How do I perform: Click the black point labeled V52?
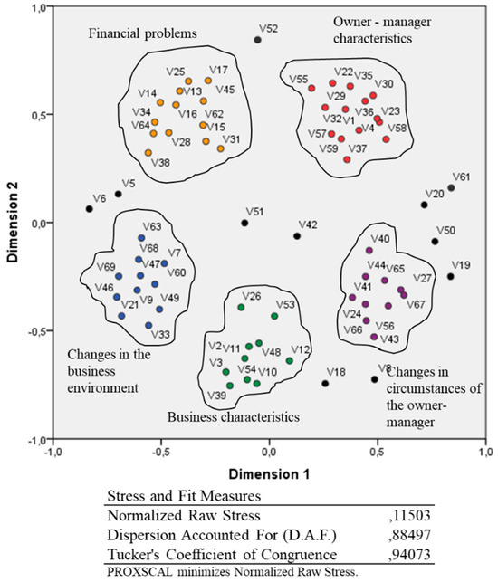click(x=257, y=40)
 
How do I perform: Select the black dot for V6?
click(x=89, y=209)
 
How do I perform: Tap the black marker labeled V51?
click(x=244, y=223)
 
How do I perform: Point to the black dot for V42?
click(x=297, y=236)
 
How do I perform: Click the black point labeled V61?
click(x=451, y=187)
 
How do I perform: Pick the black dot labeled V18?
click(x=325, y=384)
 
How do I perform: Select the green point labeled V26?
click(x=241, y=308)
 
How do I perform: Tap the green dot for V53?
click(x=274, y=316)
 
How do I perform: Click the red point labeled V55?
click(x=311, y=89)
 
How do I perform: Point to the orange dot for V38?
click(x=173, y=151)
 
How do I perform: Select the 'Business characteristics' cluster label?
click(x=233, y=417)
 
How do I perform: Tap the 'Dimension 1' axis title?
click(x=269, y=472)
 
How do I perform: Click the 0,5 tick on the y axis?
click(x=37, y=115)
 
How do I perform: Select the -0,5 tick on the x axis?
click(x=161, y=449)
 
